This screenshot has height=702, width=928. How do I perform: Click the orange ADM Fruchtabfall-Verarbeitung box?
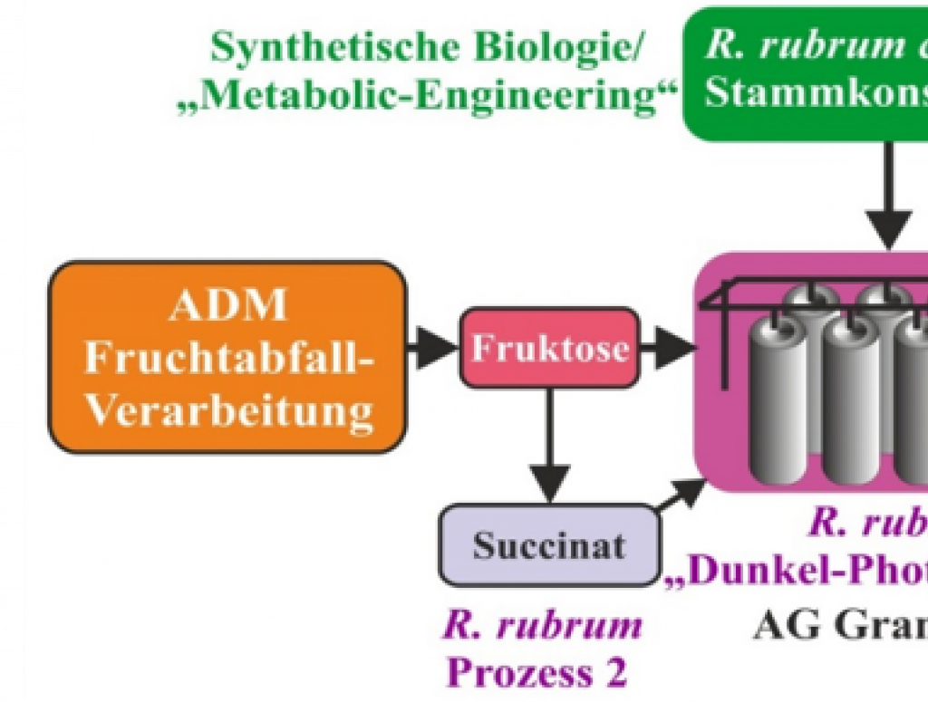click(x=227, y=358)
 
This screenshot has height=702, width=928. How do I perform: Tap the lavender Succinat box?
click(x=548, y=545)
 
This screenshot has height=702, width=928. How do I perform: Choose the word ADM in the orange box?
click(x=227, y=306)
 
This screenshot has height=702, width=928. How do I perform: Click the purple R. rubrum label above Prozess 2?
click(x=542, y=625)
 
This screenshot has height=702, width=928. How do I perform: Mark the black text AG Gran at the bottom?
click(x=838, y=625)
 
